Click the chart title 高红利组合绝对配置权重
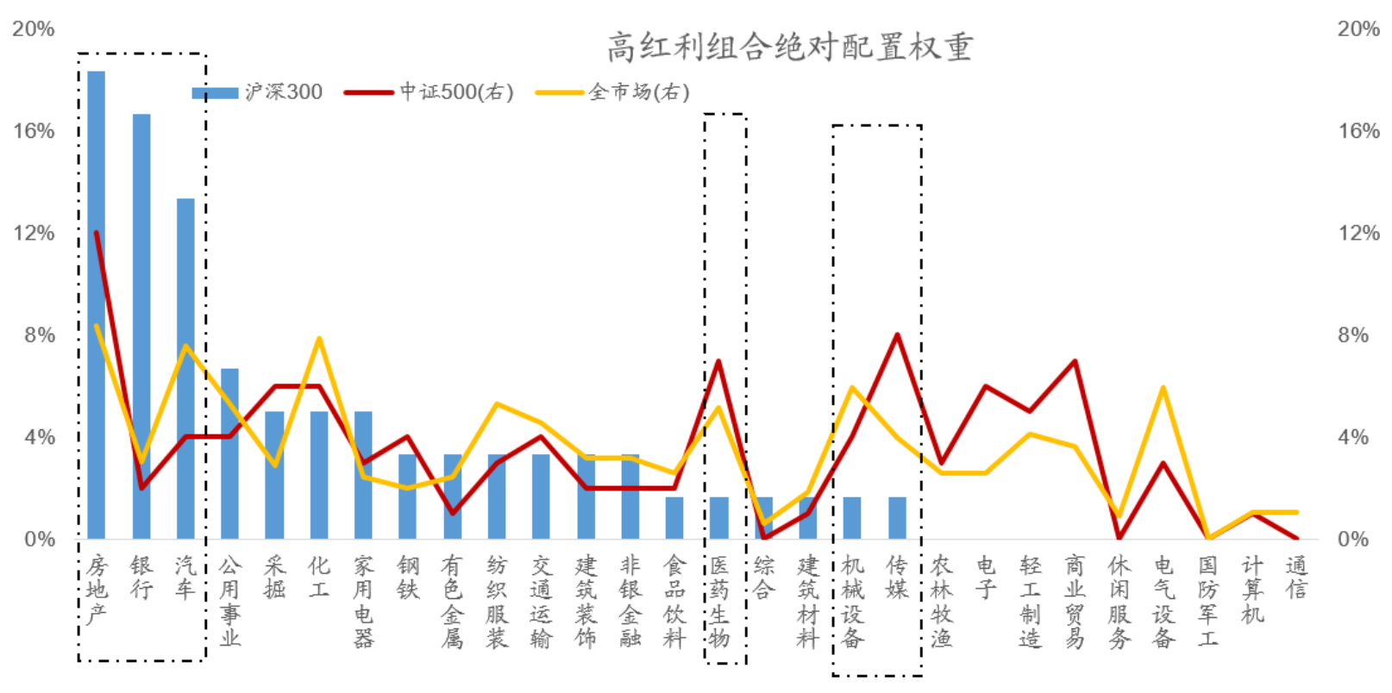point(789,47)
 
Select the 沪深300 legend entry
point(257,92)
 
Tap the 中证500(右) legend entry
point(429,92)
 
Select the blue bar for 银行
point(141,328)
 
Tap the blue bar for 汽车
point(185,371)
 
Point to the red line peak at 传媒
point(897,334)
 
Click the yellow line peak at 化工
point(319,338)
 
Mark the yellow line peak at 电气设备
point(1163,387)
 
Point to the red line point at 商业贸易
point(1075,361)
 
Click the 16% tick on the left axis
point(34,131)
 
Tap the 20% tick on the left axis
point(34,29)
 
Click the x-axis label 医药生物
point(718,602)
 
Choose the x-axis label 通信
point(1296,577)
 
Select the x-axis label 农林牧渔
point(941,602)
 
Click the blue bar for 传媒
point(897,518)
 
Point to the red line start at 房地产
point(97,233)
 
